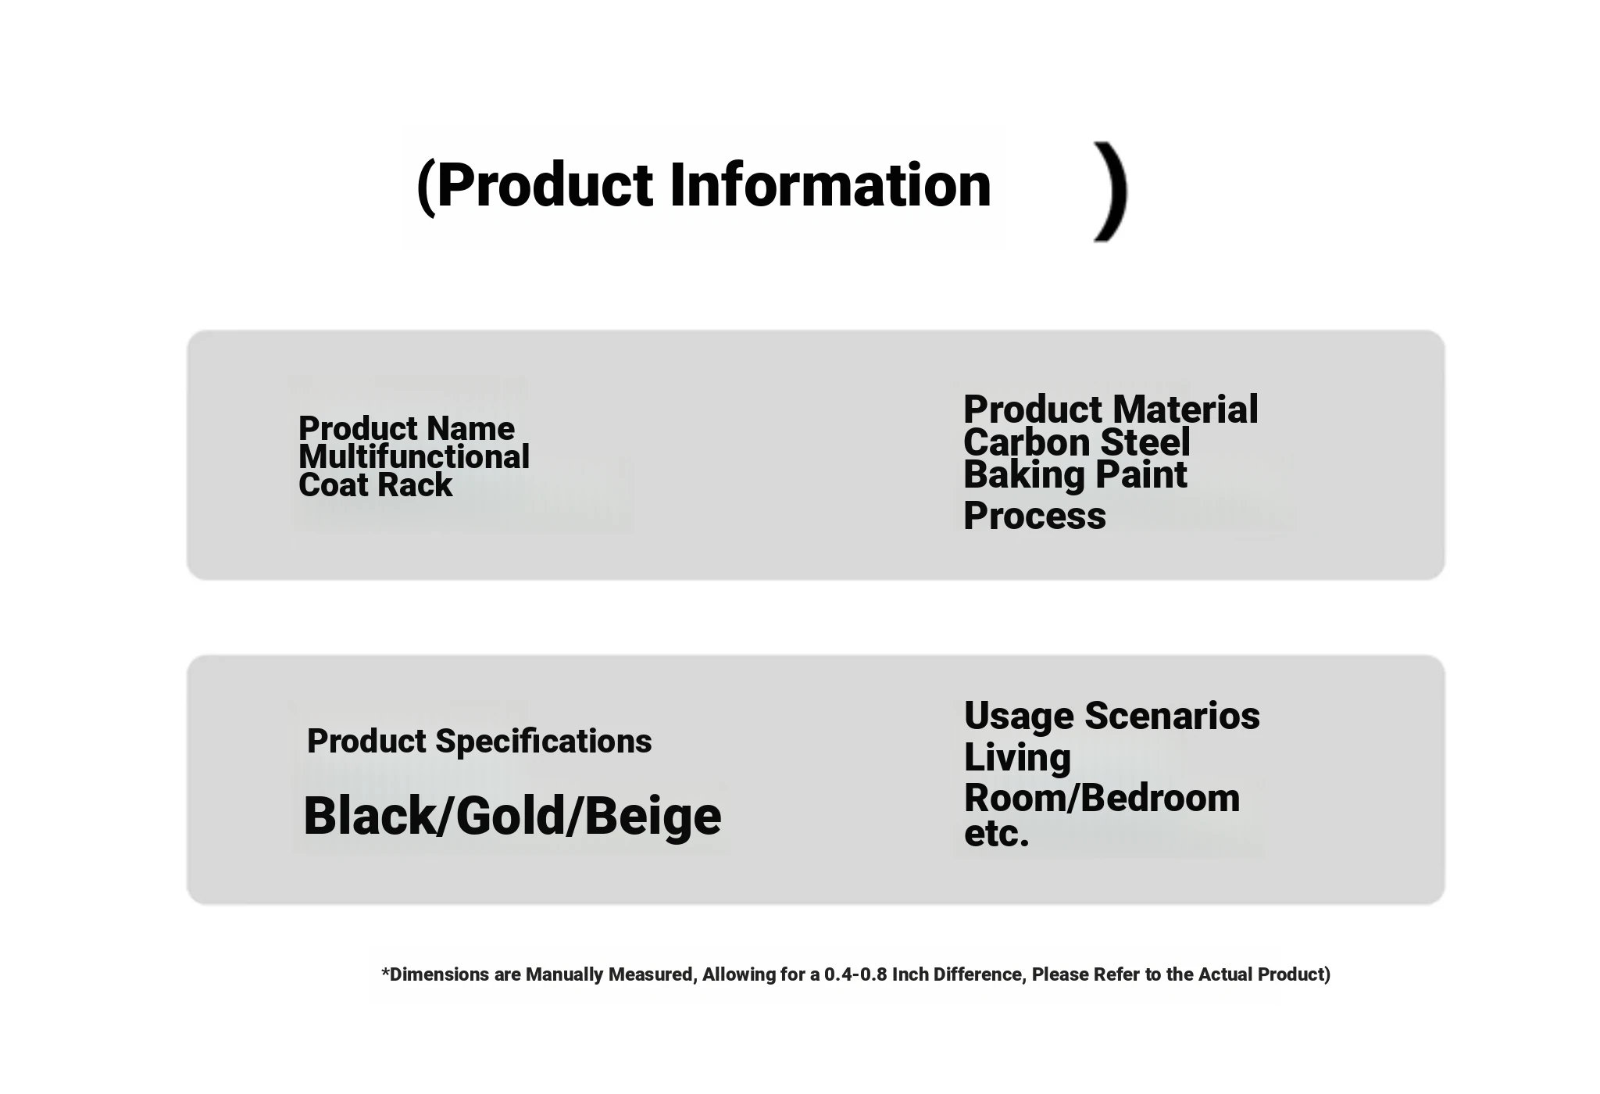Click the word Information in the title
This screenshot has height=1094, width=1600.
[x=830, y=185]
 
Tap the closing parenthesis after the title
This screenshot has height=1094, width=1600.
[x=1111, y=192]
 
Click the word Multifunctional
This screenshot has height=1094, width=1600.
[x=414, y=457]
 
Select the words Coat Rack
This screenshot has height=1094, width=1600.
[x=375, y=485]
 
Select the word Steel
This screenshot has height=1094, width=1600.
[x=1145, y=442]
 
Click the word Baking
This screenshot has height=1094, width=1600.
[x=1024, y=476]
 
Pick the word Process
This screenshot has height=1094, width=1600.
[x=1034, y=517]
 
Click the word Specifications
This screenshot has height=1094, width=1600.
[x=544, y=742]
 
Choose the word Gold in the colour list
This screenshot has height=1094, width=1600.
[x=510, y=816]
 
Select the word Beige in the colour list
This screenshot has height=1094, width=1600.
[x=653, y=817]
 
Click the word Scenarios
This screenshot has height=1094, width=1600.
[x=1172, y=716]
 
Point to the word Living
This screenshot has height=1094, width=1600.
[x=1017, y=758]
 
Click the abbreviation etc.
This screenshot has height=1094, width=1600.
[x=997, y=834]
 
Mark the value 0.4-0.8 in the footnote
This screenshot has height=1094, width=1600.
[x=855, y=974]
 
